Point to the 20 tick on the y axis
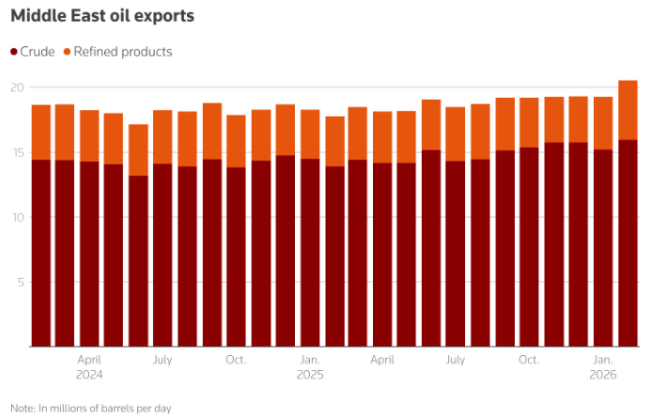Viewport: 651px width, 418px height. coord(16,87)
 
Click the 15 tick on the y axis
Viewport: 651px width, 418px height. coord(16,152)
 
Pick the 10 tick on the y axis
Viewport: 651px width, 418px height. coord(16,217)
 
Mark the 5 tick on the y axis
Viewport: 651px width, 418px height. coord(18,282)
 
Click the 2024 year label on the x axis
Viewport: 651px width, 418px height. coord(89,374)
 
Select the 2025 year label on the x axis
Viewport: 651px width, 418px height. coord(310,374)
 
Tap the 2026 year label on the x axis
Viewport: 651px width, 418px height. coord(603,374)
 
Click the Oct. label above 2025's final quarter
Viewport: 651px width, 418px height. coord(530,360)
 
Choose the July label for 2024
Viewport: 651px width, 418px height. coord(163,360)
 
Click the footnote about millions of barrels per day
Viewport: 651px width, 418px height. coord(91,408)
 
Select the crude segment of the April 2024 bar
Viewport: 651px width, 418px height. coord(89,254)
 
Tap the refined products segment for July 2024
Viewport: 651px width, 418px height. coord(163,137)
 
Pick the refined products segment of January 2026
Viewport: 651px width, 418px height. coord(603,123)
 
